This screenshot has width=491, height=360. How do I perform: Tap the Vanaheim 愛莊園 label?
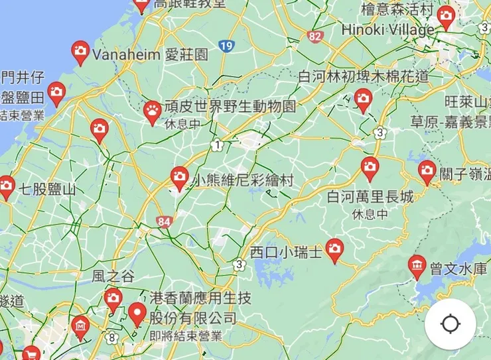pyautogui.click(x=150, y=54)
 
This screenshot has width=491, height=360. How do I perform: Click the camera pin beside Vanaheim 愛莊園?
pyautogui.click(x=80, y=52)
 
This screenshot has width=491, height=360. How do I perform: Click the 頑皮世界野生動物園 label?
pyautogui.click(x=230, y=107)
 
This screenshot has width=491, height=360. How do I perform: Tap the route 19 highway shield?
pyautogui.click(x=227, y=46)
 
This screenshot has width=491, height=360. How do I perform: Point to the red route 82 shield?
pyautogui.click(x=315, y=36)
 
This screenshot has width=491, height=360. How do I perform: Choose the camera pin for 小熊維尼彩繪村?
pyautogui.click(x=179, y=177)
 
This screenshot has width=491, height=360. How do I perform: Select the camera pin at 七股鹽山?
pyautogui.click(x=6, y=186)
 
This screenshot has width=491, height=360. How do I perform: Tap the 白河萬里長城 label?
pyautogui.click(x=370, y=197)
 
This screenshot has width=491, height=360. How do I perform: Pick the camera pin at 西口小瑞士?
pyautogui.click(x=334, y=249)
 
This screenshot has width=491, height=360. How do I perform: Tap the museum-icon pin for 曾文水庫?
pyautogui.click(x=417, y=266)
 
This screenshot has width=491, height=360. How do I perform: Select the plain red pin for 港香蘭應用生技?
pyautogui.click(x=138, y=313)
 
